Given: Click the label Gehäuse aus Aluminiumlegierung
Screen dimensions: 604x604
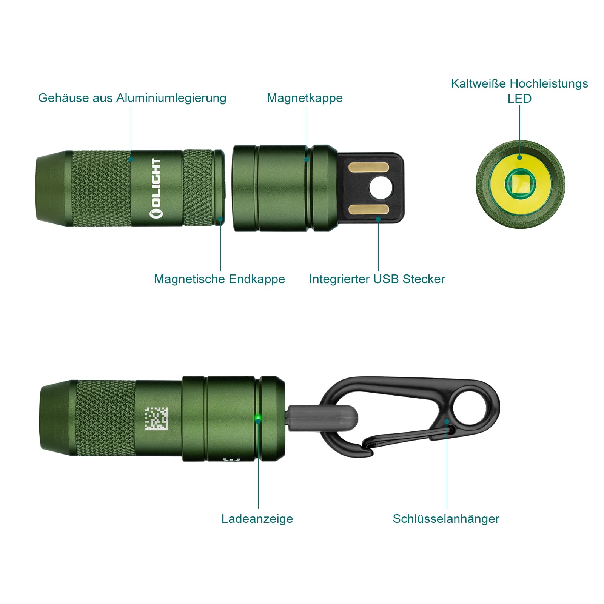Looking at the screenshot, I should point(132,98).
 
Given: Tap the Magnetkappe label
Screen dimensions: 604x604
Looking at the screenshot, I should point(305,98).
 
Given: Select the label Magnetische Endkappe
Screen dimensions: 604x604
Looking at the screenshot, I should point(219,279).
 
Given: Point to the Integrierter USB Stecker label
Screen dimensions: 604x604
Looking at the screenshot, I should point(377,279).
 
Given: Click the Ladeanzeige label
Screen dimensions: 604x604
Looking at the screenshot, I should point(257,519).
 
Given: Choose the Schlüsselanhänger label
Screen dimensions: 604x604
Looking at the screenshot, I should point(446,519).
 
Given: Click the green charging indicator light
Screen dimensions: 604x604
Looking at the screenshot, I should point(258,418).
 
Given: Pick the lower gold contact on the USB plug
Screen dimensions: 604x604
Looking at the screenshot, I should point(368,210).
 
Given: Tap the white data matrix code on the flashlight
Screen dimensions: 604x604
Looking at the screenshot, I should point(156,419).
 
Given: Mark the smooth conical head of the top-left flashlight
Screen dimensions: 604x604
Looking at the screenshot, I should point(54,188).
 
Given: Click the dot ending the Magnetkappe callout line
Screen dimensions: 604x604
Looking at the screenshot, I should point(307,159).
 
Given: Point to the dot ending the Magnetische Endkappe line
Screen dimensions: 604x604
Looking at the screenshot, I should point(220,219).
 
